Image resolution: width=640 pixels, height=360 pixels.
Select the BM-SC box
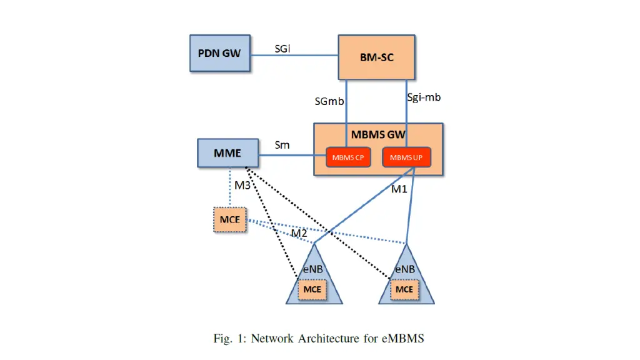pyautogui.click(x=377, y=57)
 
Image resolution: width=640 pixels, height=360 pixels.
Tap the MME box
pyautogui.click(x=228, y=153)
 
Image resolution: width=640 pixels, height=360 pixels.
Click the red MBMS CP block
pyautogui.click(x=347, y=157)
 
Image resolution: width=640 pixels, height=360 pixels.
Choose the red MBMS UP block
pyautogui.click(x=406, y=157)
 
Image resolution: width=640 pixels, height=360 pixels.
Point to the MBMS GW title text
pyautogui.click(x=378, y=134)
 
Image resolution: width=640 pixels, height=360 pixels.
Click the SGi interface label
pyautogui.click(x=282, y=48)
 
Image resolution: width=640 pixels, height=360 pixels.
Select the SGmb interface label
pyautogui.click(x=329, y=101)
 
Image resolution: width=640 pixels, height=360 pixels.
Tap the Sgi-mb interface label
pyautogui.click(x=424, y=97)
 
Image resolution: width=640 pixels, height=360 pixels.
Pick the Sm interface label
pyautogui.click(x=282, y=145)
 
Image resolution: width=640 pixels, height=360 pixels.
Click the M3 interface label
pyautogui.click(x=242, y=185)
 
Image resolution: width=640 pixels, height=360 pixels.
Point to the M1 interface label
pyautogui.click(x=399, y=189)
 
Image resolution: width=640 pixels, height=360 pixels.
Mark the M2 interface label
pyautogui.click(x=299, y=233)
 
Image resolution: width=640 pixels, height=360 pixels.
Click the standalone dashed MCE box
pyautogui.click(x=230, y=220)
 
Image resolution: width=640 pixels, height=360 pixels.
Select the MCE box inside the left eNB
pyautogui.click(x=312, y=289)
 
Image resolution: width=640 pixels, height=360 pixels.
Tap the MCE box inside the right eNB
pyautogui.click(x=404, y=289)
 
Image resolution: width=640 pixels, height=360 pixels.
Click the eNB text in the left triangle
pyautogui.click(x=312, y=269)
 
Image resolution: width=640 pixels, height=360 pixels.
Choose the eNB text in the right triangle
pyautogui.click(x=405, y=269)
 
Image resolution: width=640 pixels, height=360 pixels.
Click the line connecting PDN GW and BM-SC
pyautogui.click(x=294, y=55)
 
